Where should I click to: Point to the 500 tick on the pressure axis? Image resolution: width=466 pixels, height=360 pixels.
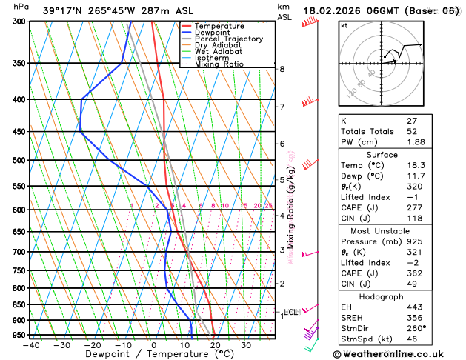19,160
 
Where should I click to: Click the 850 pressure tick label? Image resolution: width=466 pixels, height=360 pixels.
19,304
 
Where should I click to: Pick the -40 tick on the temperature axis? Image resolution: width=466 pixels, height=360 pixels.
31,344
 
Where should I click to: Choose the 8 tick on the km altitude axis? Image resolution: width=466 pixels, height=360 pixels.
282,69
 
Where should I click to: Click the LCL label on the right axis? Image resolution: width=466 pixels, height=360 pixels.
290,313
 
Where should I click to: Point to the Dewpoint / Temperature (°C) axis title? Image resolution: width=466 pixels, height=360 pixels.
153,354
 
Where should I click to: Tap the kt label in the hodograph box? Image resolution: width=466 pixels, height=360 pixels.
344,25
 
